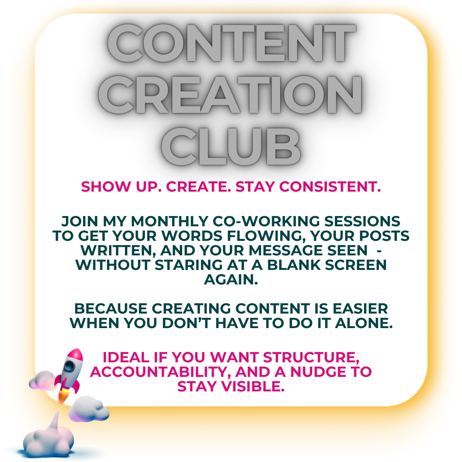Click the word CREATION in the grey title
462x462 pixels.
click(x=230, y=94)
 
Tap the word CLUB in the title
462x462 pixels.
click(x=231, y=146)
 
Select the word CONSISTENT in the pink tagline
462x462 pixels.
click(x=330, y=187)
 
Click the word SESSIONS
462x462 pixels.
click(x=362, y=221)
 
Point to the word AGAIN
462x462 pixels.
click(x=231, y=279)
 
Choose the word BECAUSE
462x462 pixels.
click(x=111, y=308)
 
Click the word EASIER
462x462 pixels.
click(x=360, y=308)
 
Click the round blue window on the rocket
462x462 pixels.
click(x=69, y=366)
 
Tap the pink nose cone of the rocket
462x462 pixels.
click(x=75, y=355)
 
